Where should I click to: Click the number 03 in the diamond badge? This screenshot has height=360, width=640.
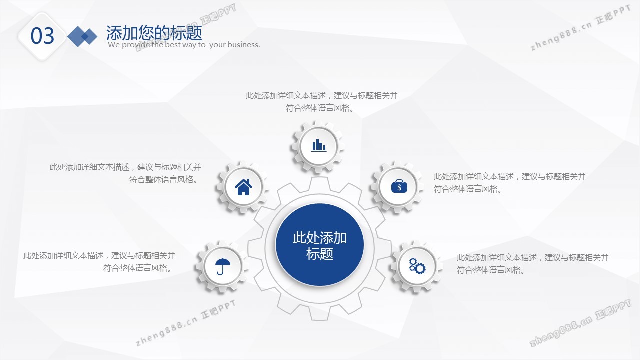[42, 36]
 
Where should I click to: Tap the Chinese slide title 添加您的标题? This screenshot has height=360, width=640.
[154, 33]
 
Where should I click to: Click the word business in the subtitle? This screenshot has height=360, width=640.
[243, 45]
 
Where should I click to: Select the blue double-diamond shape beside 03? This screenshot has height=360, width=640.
[82, 36]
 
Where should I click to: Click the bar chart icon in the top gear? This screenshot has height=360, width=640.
[319, 145]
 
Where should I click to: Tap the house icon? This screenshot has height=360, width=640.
[243, 187]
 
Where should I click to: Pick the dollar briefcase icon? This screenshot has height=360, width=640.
[399, 186]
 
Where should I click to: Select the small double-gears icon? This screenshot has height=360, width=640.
[417, 266]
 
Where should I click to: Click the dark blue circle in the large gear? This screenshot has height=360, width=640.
[319, 245]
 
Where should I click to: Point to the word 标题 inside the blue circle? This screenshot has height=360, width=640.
[319, 253]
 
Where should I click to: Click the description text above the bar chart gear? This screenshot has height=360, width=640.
[321, 102]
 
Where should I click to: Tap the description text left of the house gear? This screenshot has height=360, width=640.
[125, 173]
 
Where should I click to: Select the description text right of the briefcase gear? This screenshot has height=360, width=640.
[510, 183]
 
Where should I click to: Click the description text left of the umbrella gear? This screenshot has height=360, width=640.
[99, 262]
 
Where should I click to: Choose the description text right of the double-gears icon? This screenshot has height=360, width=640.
[533, 264]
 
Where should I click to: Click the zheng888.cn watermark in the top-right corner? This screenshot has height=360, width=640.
[580, 28]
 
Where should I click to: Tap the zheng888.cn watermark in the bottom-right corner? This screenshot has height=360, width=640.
[580, 323]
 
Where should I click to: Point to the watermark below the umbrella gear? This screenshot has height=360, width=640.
[185, 323]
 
